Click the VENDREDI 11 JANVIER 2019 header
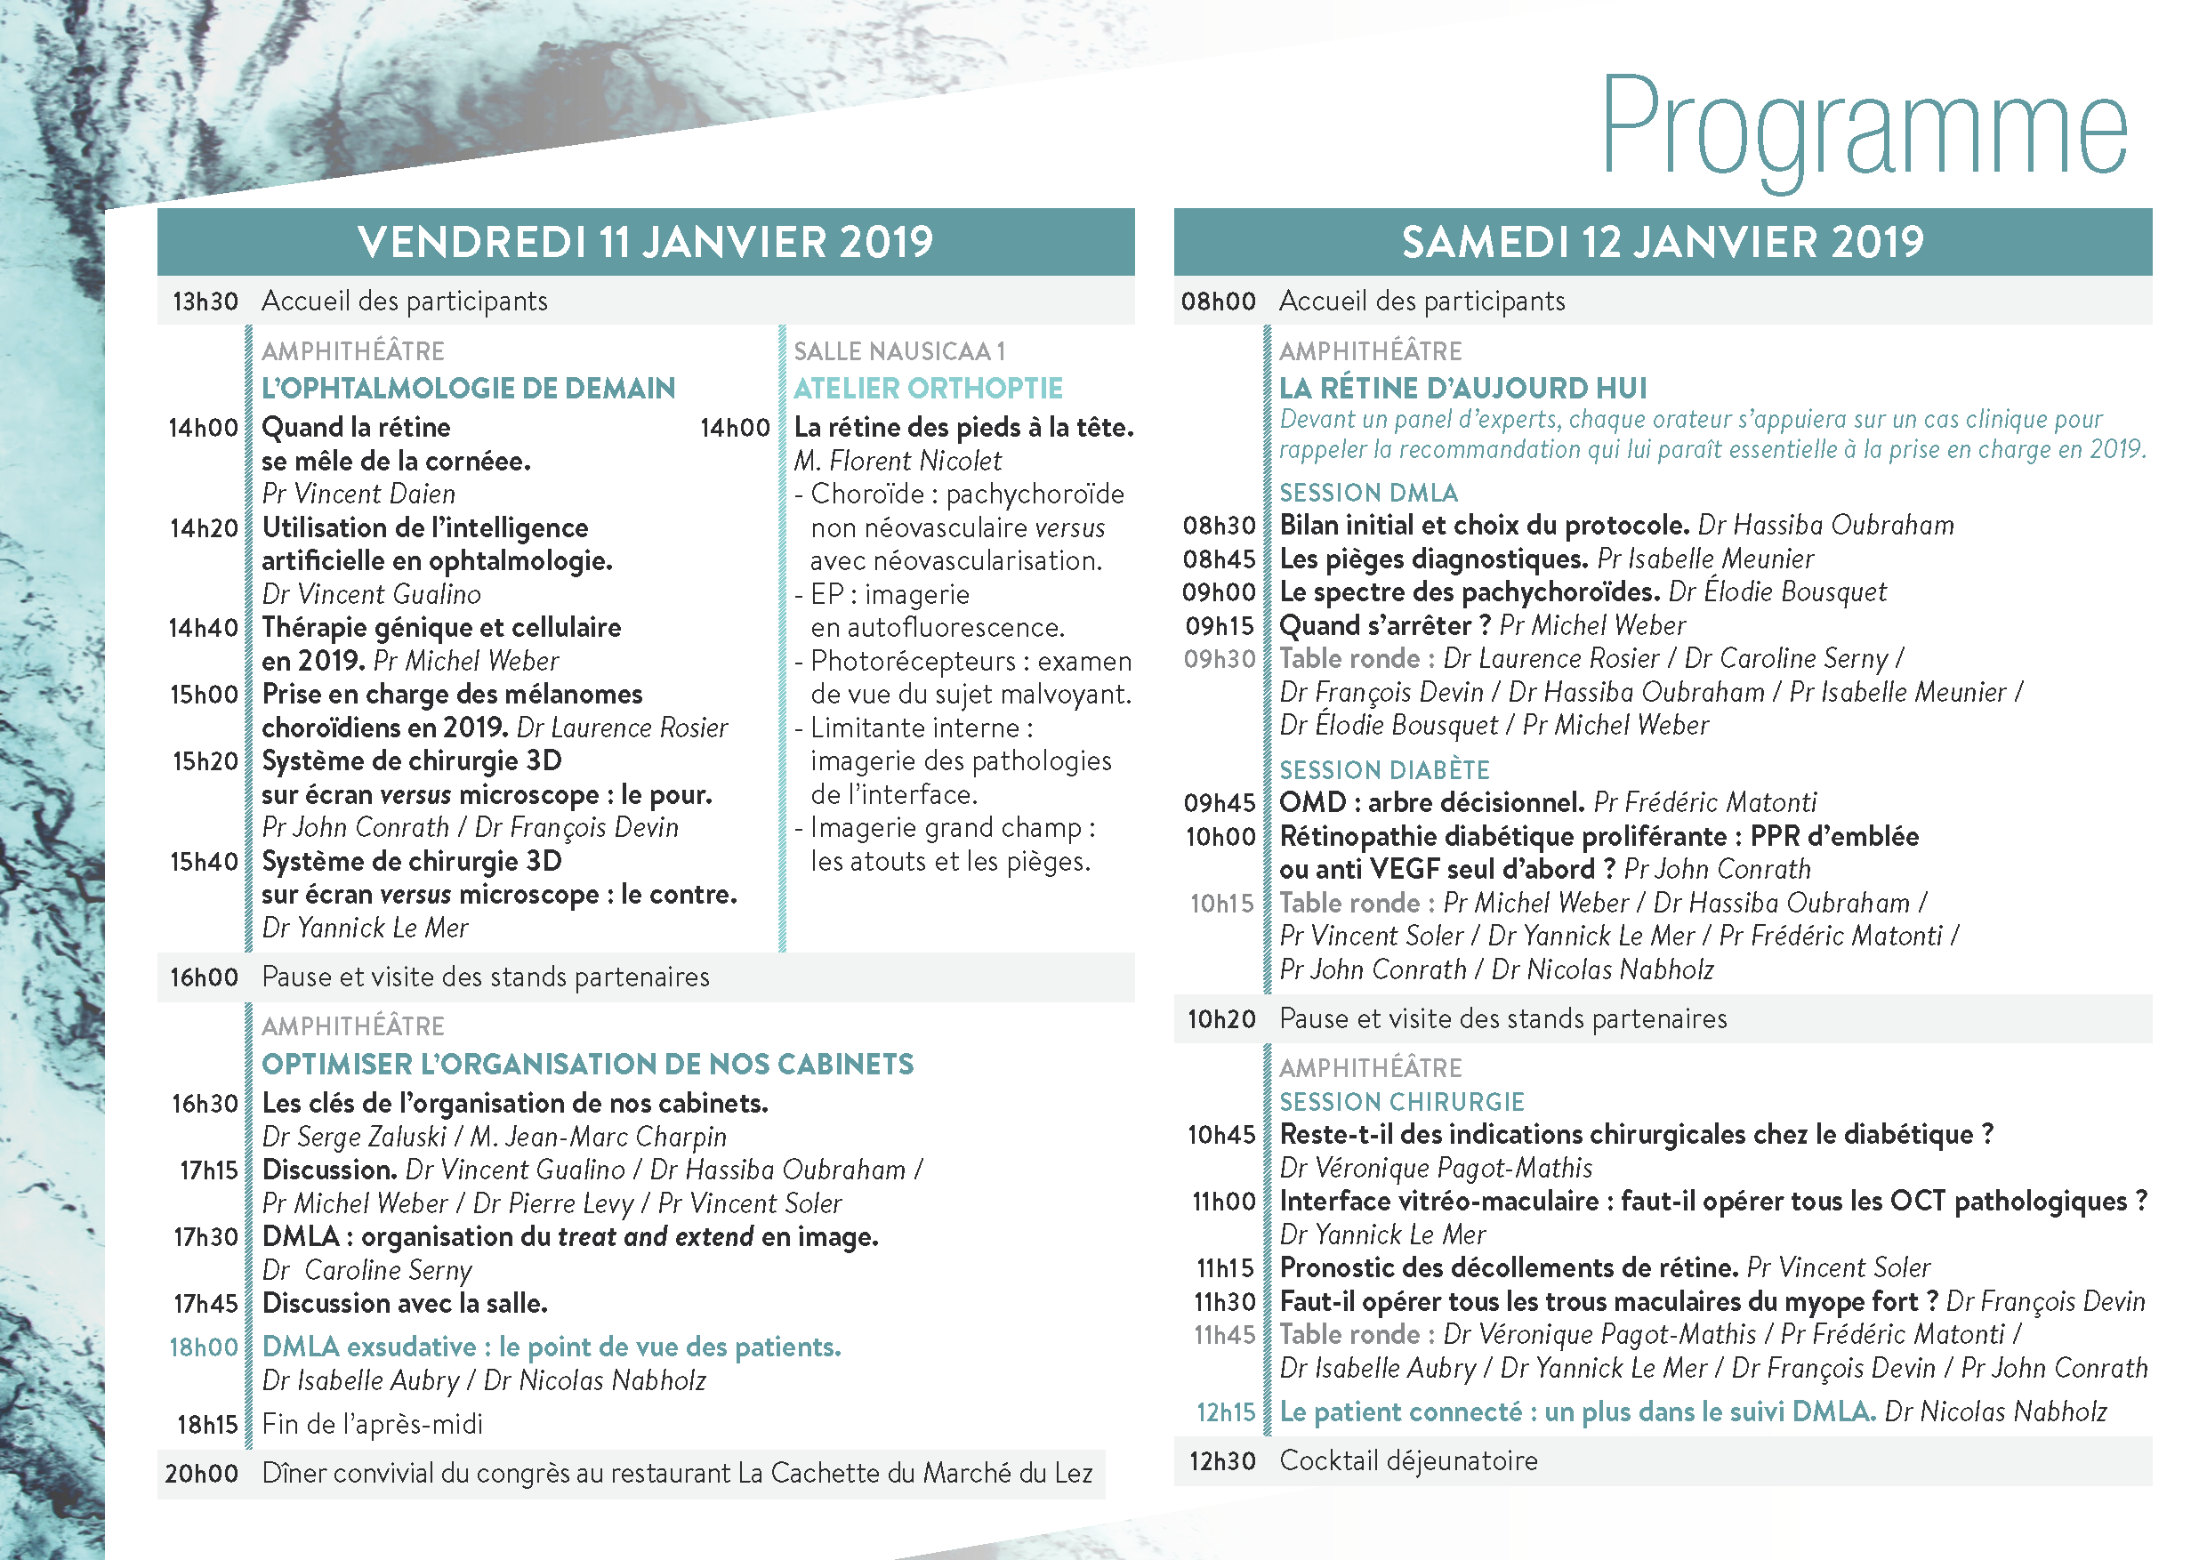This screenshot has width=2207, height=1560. coord(645,242)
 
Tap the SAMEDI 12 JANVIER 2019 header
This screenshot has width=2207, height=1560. coord(1662,242)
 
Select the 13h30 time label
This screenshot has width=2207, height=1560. coord(205,302)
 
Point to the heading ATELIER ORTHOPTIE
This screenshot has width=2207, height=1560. coord(928,389)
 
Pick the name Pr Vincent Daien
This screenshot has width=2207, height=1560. coord(358,494)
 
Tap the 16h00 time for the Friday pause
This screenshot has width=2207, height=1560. coord(204,977)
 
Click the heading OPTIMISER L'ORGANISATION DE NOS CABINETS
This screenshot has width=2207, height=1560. coord(587,1064)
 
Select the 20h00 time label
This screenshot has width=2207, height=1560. coord(201,1474)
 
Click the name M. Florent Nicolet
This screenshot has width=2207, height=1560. coord(897,462)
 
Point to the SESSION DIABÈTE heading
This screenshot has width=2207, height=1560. coord(1383,770)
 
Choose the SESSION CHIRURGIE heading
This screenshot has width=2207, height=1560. coord(1401,1101)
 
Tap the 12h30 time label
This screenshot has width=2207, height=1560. coord(1221,1462)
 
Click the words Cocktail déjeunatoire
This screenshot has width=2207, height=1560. coord(1407,1461)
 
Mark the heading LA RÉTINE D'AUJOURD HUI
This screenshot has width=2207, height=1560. coord(1462,389)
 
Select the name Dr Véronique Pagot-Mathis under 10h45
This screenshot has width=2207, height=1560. coord(1435,1168)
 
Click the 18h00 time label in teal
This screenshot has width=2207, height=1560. coord(203,1347)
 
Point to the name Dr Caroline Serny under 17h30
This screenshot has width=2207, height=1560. coord(367,1271)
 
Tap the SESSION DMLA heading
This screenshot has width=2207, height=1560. coord(1368,493)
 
